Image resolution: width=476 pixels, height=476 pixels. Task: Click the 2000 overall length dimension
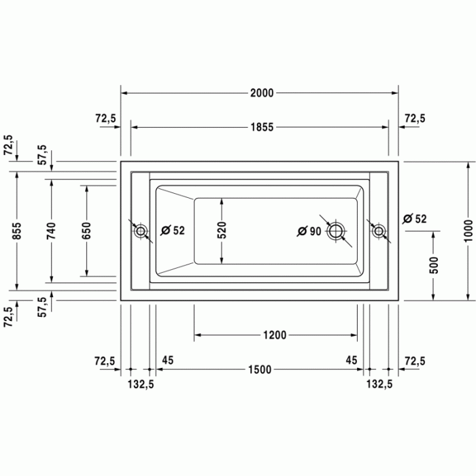pyautogui.click(x=261, y=93)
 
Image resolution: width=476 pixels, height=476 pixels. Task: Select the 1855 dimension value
pyautogui.click(x=261, y=127)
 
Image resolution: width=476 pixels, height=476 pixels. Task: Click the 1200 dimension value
pyautogui.click(x=275, y=335)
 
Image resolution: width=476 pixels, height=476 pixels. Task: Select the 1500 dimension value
pyautogui.click(x=259, y=369)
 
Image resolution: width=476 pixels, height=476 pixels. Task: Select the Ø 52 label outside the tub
pyautogui.click(x=414, y=218)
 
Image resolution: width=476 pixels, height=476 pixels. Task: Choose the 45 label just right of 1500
pyautogui.click(x=352, y=359)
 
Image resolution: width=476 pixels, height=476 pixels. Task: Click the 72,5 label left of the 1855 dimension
pyautogui.click(x=105, y=118)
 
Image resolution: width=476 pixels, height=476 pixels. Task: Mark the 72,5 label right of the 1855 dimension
pyautogui.click(x=414, y=118)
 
